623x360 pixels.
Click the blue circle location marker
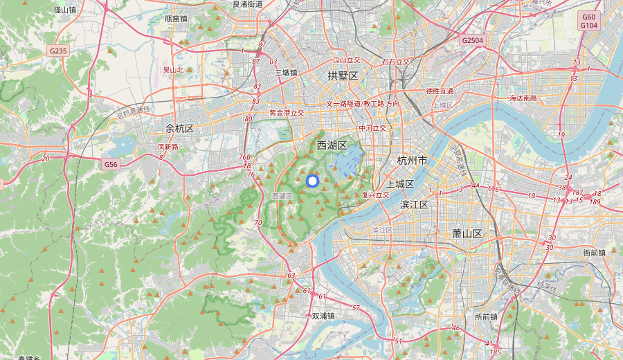coord(311,181)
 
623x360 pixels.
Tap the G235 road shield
coord(59,51)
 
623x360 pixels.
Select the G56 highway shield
coord(111,164)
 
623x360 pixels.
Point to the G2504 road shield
coord(473,41)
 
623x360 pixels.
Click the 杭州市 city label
coord(413,161)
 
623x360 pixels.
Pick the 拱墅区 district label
coord(343,75)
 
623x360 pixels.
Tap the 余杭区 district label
coord(179,129)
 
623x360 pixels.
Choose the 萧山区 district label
coord(467,233)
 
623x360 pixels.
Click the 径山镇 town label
coord(65,10)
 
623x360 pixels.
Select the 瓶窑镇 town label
coord(176,19)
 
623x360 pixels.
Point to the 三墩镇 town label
coord(285,73)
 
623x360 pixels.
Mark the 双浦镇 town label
coord(323,316)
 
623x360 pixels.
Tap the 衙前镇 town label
coord(595,253)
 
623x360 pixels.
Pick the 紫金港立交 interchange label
coord(287,112)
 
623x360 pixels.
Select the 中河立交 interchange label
coord(372,128)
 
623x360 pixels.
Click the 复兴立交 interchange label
coord(376,195)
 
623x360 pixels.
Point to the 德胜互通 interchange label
coord(440,91)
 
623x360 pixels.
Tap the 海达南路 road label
coord(523,98)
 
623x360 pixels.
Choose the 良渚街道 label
coord(248,4)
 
